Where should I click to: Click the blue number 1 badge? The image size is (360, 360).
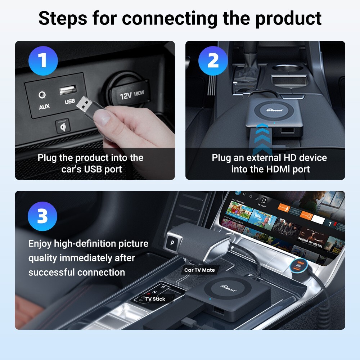[x=42, y=60]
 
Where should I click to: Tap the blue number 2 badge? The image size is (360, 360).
[x=213, y=60]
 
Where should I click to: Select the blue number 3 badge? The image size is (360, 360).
[x=42, y=217]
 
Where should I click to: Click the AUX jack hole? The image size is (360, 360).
[x=43, y=95]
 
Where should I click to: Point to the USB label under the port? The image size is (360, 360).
[x=69, y=102]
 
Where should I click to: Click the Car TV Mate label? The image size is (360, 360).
[x=199, y=270]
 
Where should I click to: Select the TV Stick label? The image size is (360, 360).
[x=155, y=299]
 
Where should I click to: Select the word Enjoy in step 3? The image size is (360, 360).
[x=40, y=244]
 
